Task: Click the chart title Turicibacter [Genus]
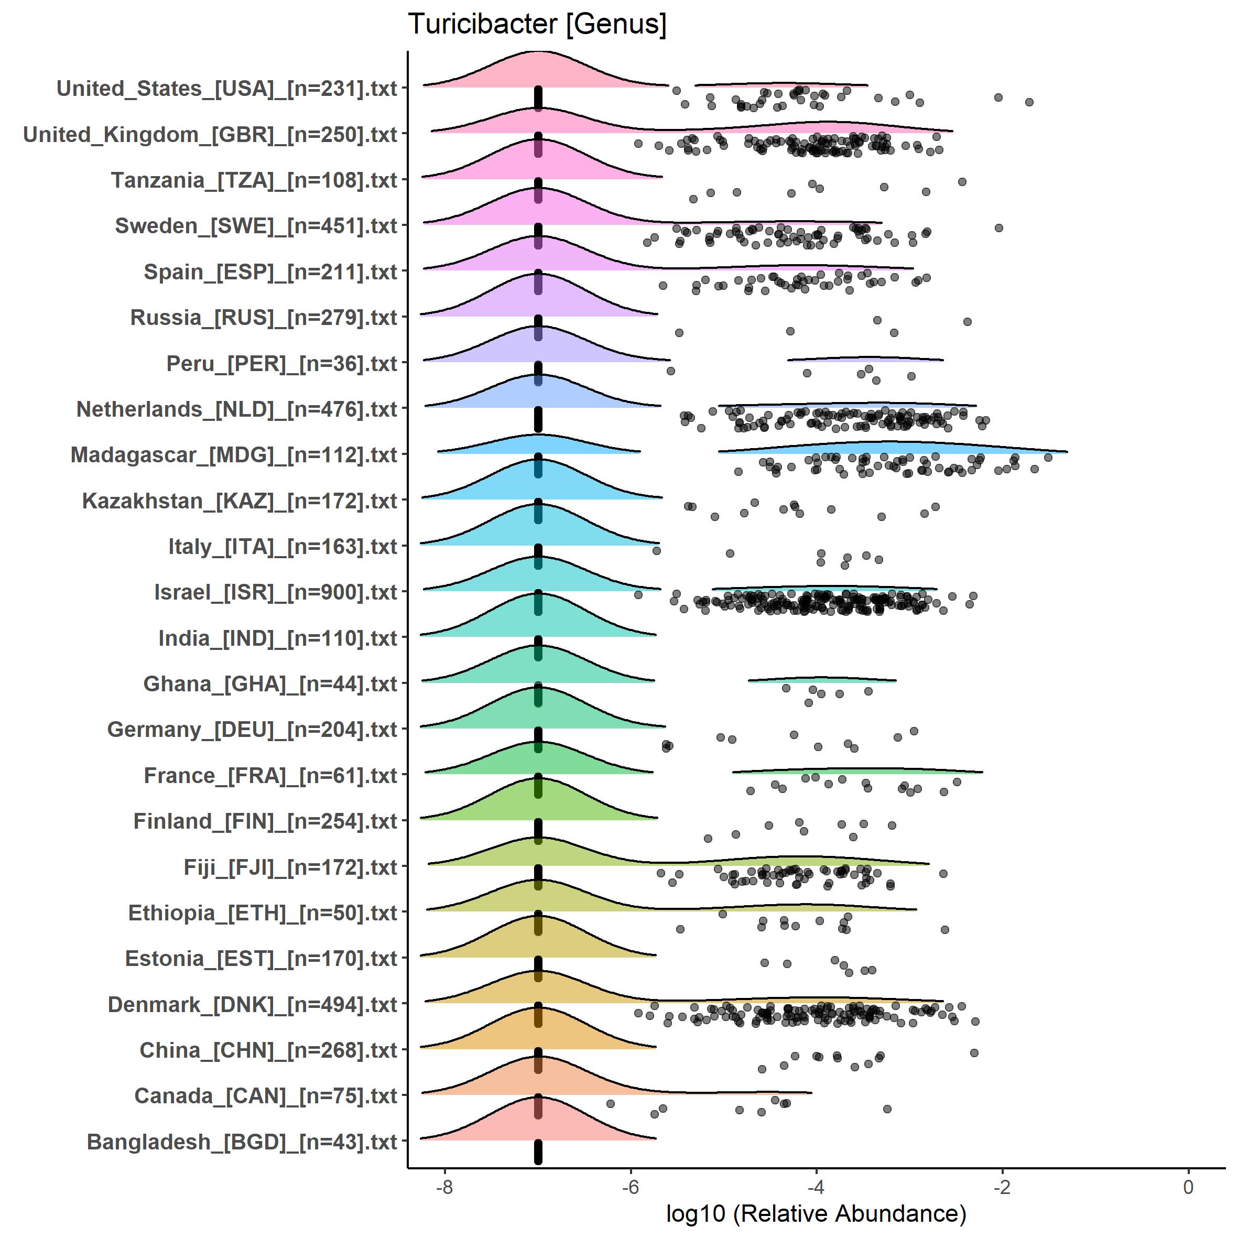(x=537, y=24)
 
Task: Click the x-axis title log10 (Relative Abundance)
(x=816, y=1213)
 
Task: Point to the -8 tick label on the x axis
(x=444, y=1187)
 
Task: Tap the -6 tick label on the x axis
(x=631, y=1187)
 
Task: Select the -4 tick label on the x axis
(x=816, y=1187)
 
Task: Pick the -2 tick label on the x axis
(x=1002, y=1187)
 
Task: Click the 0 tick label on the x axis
(x=1188, y=1187)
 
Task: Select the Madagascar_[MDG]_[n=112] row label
(x=234, y=455)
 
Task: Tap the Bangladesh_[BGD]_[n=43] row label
(x=242, y=1142)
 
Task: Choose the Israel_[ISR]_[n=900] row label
(x=276, y=592)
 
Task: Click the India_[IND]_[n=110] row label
(x=277, y=638)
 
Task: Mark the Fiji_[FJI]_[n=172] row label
(x=290, y=867)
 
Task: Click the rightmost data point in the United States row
(x=1029, y=102)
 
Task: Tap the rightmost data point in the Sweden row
(x=998, y=228)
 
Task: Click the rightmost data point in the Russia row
(x=968, y=322)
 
